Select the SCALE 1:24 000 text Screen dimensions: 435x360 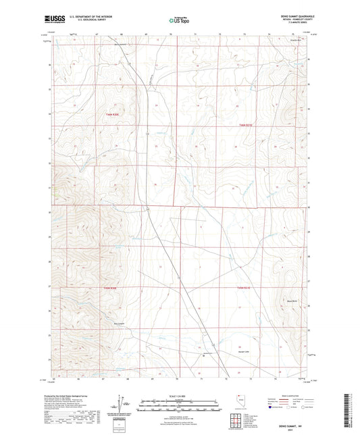tap(179, 396)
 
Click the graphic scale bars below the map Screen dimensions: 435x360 tap(179, 403)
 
